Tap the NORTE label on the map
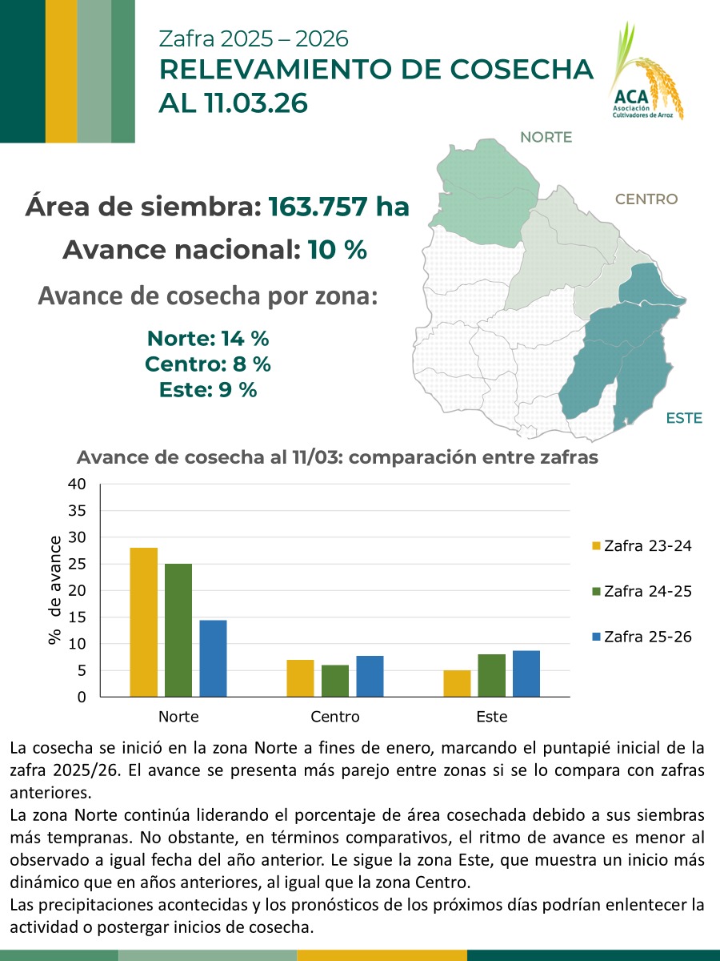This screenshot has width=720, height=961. point(546,137)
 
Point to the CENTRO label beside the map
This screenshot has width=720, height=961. point(646,199)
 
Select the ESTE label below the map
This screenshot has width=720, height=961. point(683,418)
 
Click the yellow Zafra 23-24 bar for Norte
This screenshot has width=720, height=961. point(144,622)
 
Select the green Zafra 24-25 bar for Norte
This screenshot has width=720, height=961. point(178,630)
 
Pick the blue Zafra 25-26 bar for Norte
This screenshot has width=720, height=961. point(213,658)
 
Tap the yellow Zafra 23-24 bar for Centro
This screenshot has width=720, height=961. point(300,678)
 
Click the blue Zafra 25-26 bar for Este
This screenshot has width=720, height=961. point(526,674)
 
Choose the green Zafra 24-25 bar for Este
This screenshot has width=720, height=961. point(492,675)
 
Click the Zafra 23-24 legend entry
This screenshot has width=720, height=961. point(641,546)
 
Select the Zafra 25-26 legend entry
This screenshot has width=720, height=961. point(641,637)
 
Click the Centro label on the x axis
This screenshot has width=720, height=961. point(335,717)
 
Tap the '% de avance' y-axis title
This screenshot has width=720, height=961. point(54,590)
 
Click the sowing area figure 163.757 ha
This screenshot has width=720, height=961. point(338,207)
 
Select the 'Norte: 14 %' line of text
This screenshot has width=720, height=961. point(207,338)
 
